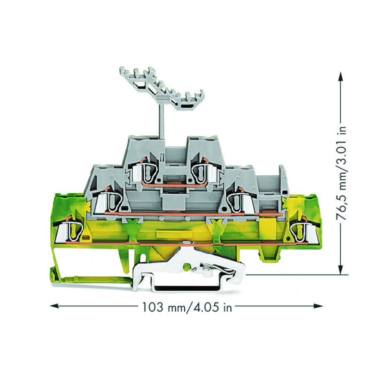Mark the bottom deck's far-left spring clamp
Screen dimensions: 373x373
coord(70,230)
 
